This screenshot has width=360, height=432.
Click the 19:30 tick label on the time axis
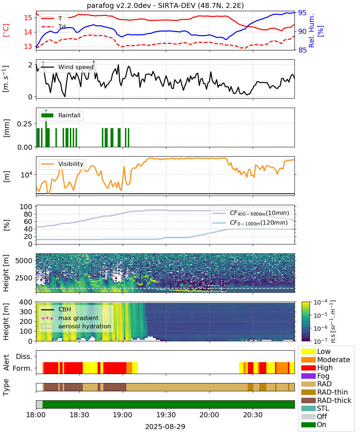[x=166, y=415]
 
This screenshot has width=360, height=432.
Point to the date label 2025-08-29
[x=165, y=427]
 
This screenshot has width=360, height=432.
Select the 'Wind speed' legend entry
[x=67, y=67]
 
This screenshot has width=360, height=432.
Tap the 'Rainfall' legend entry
[x=61, y=115]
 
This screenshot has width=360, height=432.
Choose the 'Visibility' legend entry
[x=62, y=164]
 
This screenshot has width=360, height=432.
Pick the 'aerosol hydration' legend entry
[x=76, y=326]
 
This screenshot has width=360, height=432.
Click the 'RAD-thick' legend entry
[x=326, y=400]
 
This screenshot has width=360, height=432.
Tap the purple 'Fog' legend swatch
[x=308, y=376]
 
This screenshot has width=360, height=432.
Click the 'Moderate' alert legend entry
[x=325, y=360]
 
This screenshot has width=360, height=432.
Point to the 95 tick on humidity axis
[x=302, y=13]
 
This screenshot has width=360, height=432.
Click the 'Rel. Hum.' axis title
[x=311, y=31]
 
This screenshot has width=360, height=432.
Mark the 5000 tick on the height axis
[x=24, y=261]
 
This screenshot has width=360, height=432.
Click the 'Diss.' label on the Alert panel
[x=24, y=356]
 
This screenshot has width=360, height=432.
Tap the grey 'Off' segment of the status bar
[x=39, y=404]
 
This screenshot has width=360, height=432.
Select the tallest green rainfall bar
[x=46, y=128]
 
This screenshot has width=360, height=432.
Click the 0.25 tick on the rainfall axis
[x=24, y=124]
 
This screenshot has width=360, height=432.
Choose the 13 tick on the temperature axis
[x=28, y=46]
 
